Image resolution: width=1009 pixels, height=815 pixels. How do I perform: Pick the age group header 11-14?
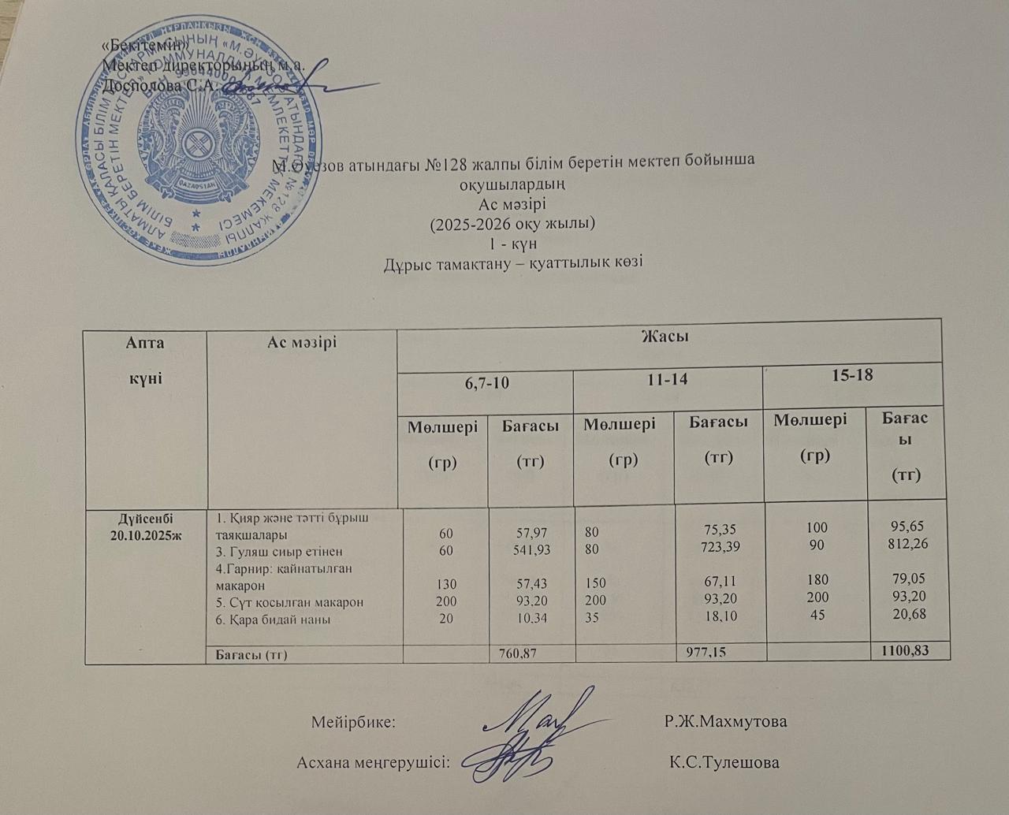click(x=668, y=379)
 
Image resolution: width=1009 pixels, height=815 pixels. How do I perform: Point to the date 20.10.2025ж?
click(x=146, y=533)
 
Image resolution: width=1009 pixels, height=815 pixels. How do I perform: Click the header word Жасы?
click(x=665, y=337)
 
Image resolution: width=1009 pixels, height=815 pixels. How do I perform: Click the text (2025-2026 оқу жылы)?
click(x=511, y=224)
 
